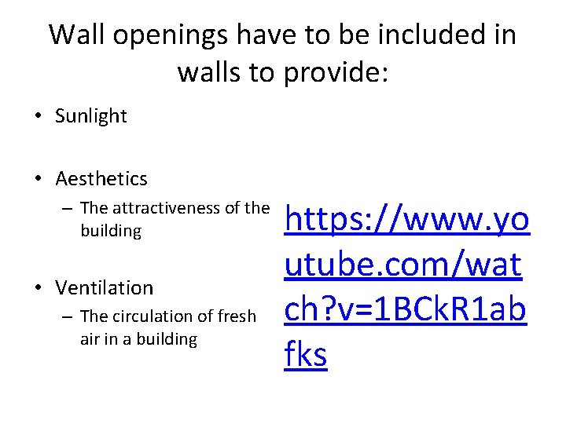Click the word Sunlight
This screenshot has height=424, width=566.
click(91, 116)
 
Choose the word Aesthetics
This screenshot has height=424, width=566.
click(101, 179)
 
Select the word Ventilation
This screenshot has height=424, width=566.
click(105, 287)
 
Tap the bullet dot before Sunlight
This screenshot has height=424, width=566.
click(39, 117)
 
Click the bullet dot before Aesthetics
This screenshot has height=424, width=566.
click(39, 180)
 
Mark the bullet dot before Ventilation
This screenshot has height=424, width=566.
click(39, 288)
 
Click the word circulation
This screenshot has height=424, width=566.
click(153, 316)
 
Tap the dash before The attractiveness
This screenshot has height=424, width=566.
click(69, 208)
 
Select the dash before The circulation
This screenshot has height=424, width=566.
click(69, 316)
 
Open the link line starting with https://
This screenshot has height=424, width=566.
click(407, 221)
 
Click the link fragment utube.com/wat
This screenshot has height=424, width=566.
click(403, 265)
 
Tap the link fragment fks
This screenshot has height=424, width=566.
click(306, 354)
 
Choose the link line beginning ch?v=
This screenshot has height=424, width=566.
click(405, 310)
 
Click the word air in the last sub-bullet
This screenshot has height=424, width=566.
click(91, 339)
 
